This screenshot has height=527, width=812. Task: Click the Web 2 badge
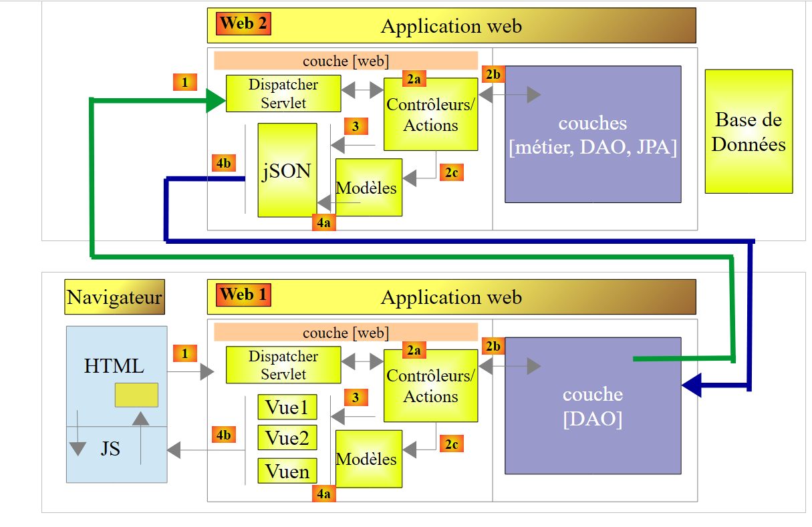pyautogui.click(x=243, y=23)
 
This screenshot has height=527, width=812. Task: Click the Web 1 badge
pyautogui.click(x=243, y=295)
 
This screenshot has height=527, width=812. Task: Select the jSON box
pyautogui.click(x=287, y=170)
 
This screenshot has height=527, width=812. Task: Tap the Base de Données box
pyautogui.click(x=749, y=132)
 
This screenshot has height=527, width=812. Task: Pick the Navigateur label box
pyautogui.click(x=114, y=297)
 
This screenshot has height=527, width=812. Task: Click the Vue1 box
pyautogui.click(x=287, y=407)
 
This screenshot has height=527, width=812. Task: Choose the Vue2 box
pyautogui.click(x=287, y=438)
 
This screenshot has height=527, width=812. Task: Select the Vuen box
pyautogui.click(x=287, y=472)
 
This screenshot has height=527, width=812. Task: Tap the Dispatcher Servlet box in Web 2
pyautogui.click(x=283, y=94)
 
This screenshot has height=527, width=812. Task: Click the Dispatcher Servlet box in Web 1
pyautogui.click(x=283, y=365)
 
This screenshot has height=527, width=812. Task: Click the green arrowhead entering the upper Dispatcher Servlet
pyautogui.click(x=215, y=100)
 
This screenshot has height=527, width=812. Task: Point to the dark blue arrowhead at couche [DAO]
pyautogui.click(x=691, y=385)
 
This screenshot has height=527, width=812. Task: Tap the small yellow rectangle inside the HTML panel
pyautogui.click(x=136, y=395)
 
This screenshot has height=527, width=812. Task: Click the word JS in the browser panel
pyautogui.click(x=110, y=449)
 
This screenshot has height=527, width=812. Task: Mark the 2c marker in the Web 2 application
pyautogui.click(x=451, y=172)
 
